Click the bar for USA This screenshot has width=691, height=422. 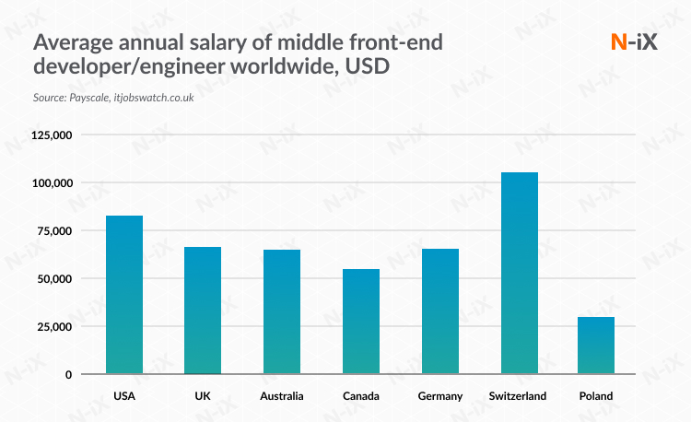pyautogui.click(x=124, y=295)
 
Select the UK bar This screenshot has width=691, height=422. pyautogui.click(x=203, y=311)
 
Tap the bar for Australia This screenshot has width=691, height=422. pyautogui.click(x=282, y=311)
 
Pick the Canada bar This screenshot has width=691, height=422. pyautogui.click(x=360, y=322)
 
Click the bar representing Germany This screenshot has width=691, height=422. pyautogui.click(x=439, y=311)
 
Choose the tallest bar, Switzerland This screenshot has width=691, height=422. pyautogui.click(x=519, y=274)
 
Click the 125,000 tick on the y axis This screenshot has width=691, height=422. pyautogui.click(x=52, y=135)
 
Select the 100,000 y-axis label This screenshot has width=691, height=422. pyautogui.click(x=52, y=183)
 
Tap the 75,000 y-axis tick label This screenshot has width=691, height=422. pyautogui.click(x=54, y=231)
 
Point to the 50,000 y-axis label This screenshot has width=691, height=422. pyautogui.click(x=54, y=279)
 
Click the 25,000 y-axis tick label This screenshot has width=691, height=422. pyautogui.click(x=54, y=327)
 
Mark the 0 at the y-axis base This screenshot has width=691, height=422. pyautogui.click(x=68, y=375)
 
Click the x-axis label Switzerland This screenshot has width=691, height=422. pyautogui.click(x=518, y=396)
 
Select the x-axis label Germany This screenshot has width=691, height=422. pyautogui.click(x=439, y=396)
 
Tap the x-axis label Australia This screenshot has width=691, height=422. pyautogui.click(x=281, y=396)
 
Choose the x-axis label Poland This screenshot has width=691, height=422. pyautogui.click(x=596, y=396)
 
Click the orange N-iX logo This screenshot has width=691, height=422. pyautogui.click(x=634, y=42)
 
